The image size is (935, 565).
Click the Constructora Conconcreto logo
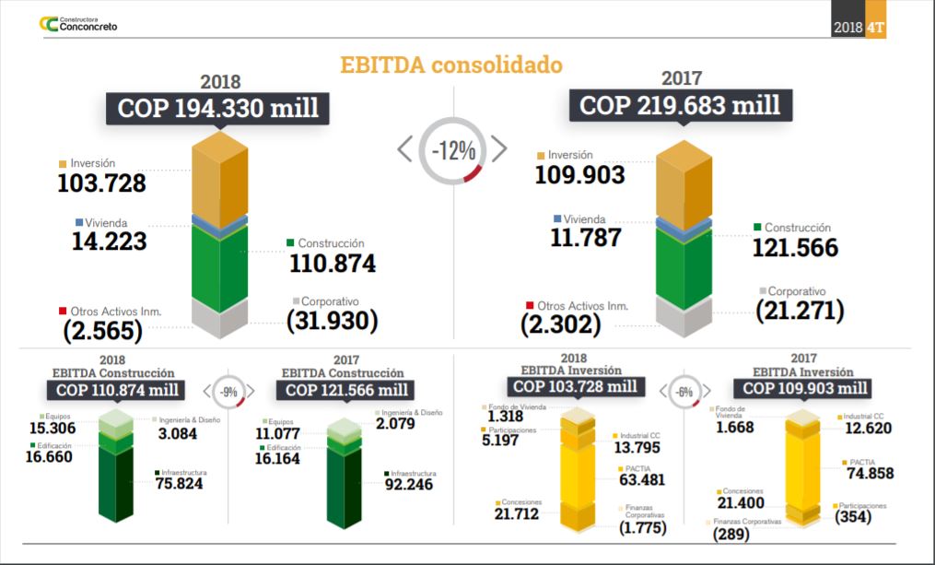(x=77, y=24)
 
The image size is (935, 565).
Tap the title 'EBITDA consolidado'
(x=450, y=65)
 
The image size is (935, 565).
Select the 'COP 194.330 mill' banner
(x=217, y=108)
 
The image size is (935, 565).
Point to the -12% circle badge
(x=451, y=148)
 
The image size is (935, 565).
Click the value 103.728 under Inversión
(x=101, y=183)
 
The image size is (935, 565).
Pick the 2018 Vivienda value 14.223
(x=110, y=241)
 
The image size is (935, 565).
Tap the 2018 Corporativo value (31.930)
(x=332, y=321)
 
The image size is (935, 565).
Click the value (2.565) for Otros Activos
(x=102, y=330)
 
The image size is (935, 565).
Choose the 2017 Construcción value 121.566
(x=795, y=247)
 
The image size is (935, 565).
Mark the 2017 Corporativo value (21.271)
(x=800, y=311)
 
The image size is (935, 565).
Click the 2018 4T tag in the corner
(x=859, y=27)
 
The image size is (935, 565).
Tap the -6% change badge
(x=684, y=391)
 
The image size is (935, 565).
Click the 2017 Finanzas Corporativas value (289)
(x=732, y=533)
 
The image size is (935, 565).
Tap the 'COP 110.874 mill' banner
(x=117, y=390)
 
